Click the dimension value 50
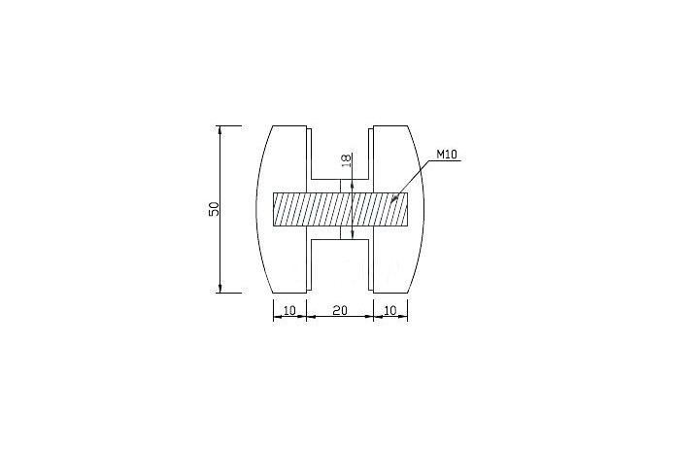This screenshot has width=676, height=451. [x=215, y=209]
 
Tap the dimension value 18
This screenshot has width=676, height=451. [x=347, y=160]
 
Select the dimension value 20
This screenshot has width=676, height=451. [x=340, y=310]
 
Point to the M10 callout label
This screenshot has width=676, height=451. [x=447, y=155]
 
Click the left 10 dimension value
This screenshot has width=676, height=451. [x=289, y=310]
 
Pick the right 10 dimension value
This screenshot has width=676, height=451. [x=389, y=310]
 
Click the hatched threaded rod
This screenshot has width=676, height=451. [x=340, y=209]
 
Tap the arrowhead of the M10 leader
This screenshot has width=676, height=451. [x=394, y=199]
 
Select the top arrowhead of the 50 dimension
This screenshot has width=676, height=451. [x=220, y=130]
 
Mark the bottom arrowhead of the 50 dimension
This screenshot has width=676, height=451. [x=220, y=289]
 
